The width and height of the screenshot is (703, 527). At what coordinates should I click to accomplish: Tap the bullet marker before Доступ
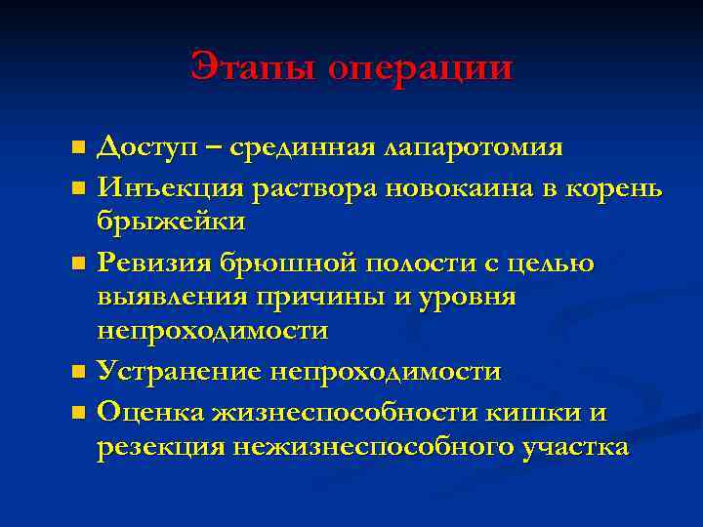pyautogui.click(x=79, y=147)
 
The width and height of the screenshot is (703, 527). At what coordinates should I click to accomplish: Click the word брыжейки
pyautogui.click(x=171, y=222)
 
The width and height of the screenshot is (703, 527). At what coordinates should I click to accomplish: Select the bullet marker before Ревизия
pyautogui.click(x=79, y=262)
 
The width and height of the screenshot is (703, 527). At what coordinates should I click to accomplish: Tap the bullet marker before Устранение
pyautogui.click(x=79, y=373)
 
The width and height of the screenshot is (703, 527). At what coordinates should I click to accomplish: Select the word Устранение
pyautogui.click(x=185, y=371)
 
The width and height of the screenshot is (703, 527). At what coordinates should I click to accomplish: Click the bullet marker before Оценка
pyautogui.click(x=79, y=412)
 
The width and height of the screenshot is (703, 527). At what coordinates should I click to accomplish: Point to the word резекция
pyautogui.click(x=160, y=447)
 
